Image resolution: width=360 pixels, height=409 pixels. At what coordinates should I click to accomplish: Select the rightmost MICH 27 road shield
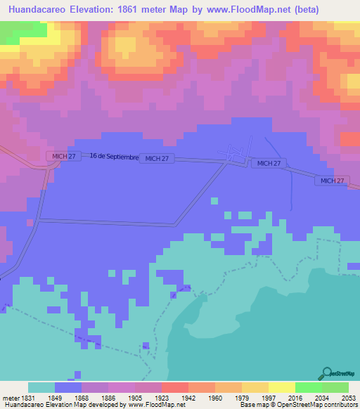[331, 181]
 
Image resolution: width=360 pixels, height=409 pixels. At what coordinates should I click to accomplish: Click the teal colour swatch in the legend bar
[41, 387]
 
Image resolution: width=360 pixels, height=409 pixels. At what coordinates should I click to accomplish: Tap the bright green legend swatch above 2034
[308, 387]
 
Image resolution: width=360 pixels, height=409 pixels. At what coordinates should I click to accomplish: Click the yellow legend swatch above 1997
[255, 387]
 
